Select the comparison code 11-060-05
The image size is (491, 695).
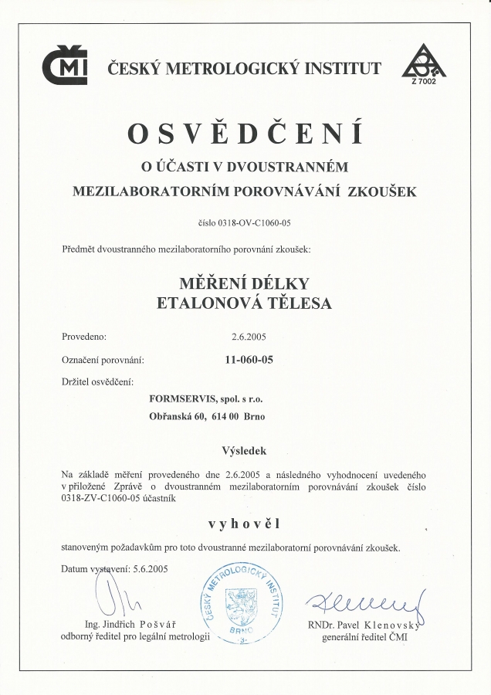249,360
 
